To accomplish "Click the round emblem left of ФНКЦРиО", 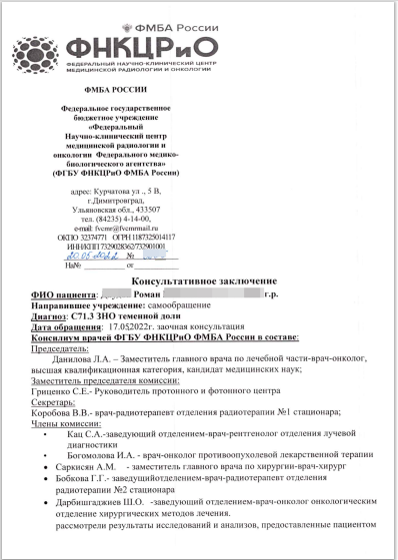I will [38, 51].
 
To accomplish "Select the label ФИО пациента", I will [62, 295].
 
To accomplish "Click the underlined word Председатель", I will [63, 349].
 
